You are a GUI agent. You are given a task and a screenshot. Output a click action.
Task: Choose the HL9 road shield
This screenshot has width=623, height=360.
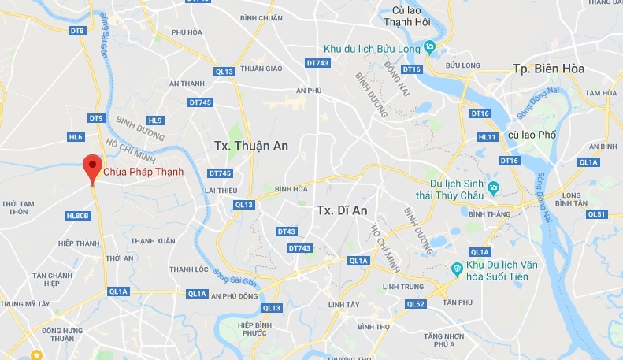pyautogui.click(x=155, y=121)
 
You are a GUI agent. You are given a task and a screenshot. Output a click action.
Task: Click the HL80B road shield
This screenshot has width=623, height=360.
pyautogui.click(x=79, y=215)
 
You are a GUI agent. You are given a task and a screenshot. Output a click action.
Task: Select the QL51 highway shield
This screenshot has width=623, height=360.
pyautogui.click(x=598, y=214)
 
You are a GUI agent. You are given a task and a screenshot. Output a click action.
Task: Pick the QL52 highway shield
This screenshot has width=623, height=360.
pyautogui.click(x=415, y=303)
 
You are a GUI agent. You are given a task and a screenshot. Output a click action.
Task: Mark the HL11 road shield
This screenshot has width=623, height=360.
pyautogui.click(x=488, y=136)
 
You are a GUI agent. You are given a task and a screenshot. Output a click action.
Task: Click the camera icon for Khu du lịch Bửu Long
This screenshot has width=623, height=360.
pyautogui.click(x=429, y=46)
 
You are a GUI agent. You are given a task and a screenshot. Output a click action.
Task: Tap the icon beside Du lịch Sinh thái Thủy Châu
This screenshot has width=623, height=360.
pyautogui.click(x=493, y=187)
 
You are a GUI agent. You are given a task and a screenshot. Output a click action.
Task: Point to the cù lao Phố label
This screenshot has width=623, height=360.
pyautogui.click(x=532, y=135)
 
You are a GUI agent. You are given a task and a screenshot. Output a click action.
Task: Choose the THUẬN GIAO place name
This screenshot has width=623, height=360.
pyautogui.click(x=261, y=68)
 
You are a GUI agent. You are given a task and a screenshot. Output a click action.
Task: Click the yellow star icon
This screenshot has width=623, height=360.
pyautogui.click(x=36, y=355)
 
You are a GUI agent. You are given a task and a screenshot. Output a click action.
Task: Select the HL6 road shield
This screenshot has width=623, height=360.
pyautogui.click(x=76, y=137)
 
